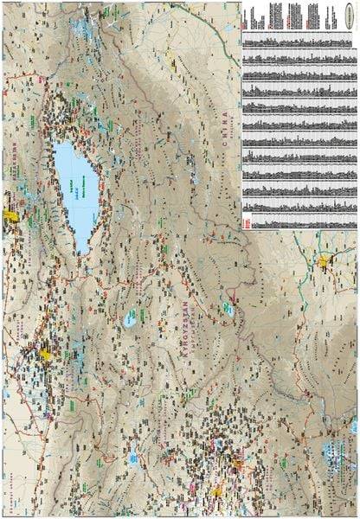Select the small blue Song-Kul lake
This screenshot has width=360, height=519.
click(130, 317)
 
